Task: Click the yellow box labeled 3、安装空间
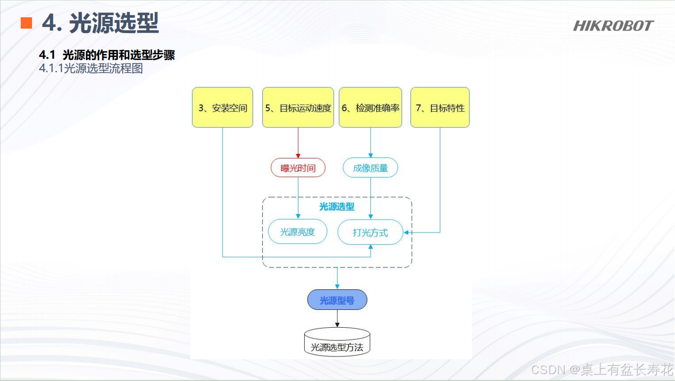(222, 108)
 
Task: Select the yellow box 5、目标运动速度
(298, 108)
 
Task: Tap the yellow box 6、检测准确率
(370, 108)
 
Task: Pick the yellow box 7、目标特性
(440, 108)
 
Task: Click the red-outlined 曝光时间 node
(298, 168)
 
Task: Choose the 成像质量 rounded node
(370, 168)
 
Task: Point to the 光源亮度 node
(297, 232)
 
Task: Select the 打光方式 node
(370, 232)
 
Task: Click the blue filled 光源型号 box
(337, 300)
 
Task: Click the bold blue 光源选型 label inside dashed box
(337, 207)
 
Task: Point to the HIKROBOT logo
(613, 26)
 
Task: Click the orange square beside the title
(26, 23)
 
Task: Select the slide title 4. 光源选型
(100, 23)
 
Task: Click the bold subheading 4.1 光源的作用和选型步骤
(107, 55)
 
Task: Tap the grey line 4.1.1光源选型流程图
(91, 69)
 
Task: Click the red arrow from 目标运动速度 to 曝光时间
(298, 143)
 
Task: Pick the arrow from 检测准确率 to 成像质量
(370, 143)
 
